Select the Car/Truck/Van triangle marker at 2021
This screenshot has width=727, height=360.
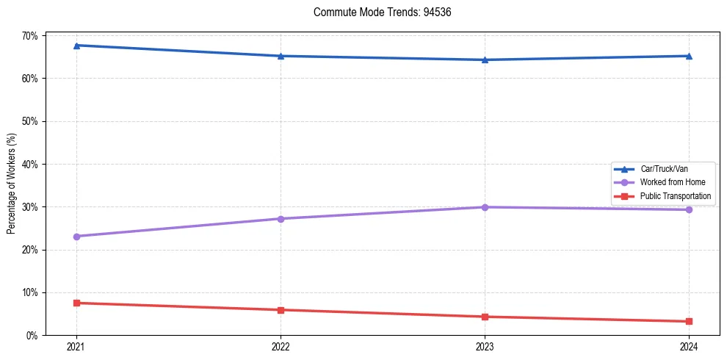76,46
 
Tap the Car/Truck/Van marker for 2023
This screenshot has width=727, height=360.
485,60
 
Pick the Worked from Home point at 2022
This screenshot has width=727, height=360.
281,219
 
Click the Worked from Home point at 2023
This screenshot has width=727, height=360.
485,207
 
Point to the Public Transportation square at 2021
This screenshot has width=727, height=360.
76,303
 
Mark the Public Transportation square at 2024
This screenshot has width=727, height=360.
689,321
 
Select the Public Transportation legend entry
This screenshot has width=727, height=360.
675,196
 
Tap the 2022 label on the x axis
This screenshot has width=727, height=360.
281,346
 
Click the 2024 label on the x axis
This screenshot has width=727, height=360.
689,346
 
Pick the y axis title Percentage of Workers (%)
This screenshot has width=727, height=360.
12,184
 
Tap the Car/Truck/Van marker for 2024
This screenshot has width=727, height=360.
689,56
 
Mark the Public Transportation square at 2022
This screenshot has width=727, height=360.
281,310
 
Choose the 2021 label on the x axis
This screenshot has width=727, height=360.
76,346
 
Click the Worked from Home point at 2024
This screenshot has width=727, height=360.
689,209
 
